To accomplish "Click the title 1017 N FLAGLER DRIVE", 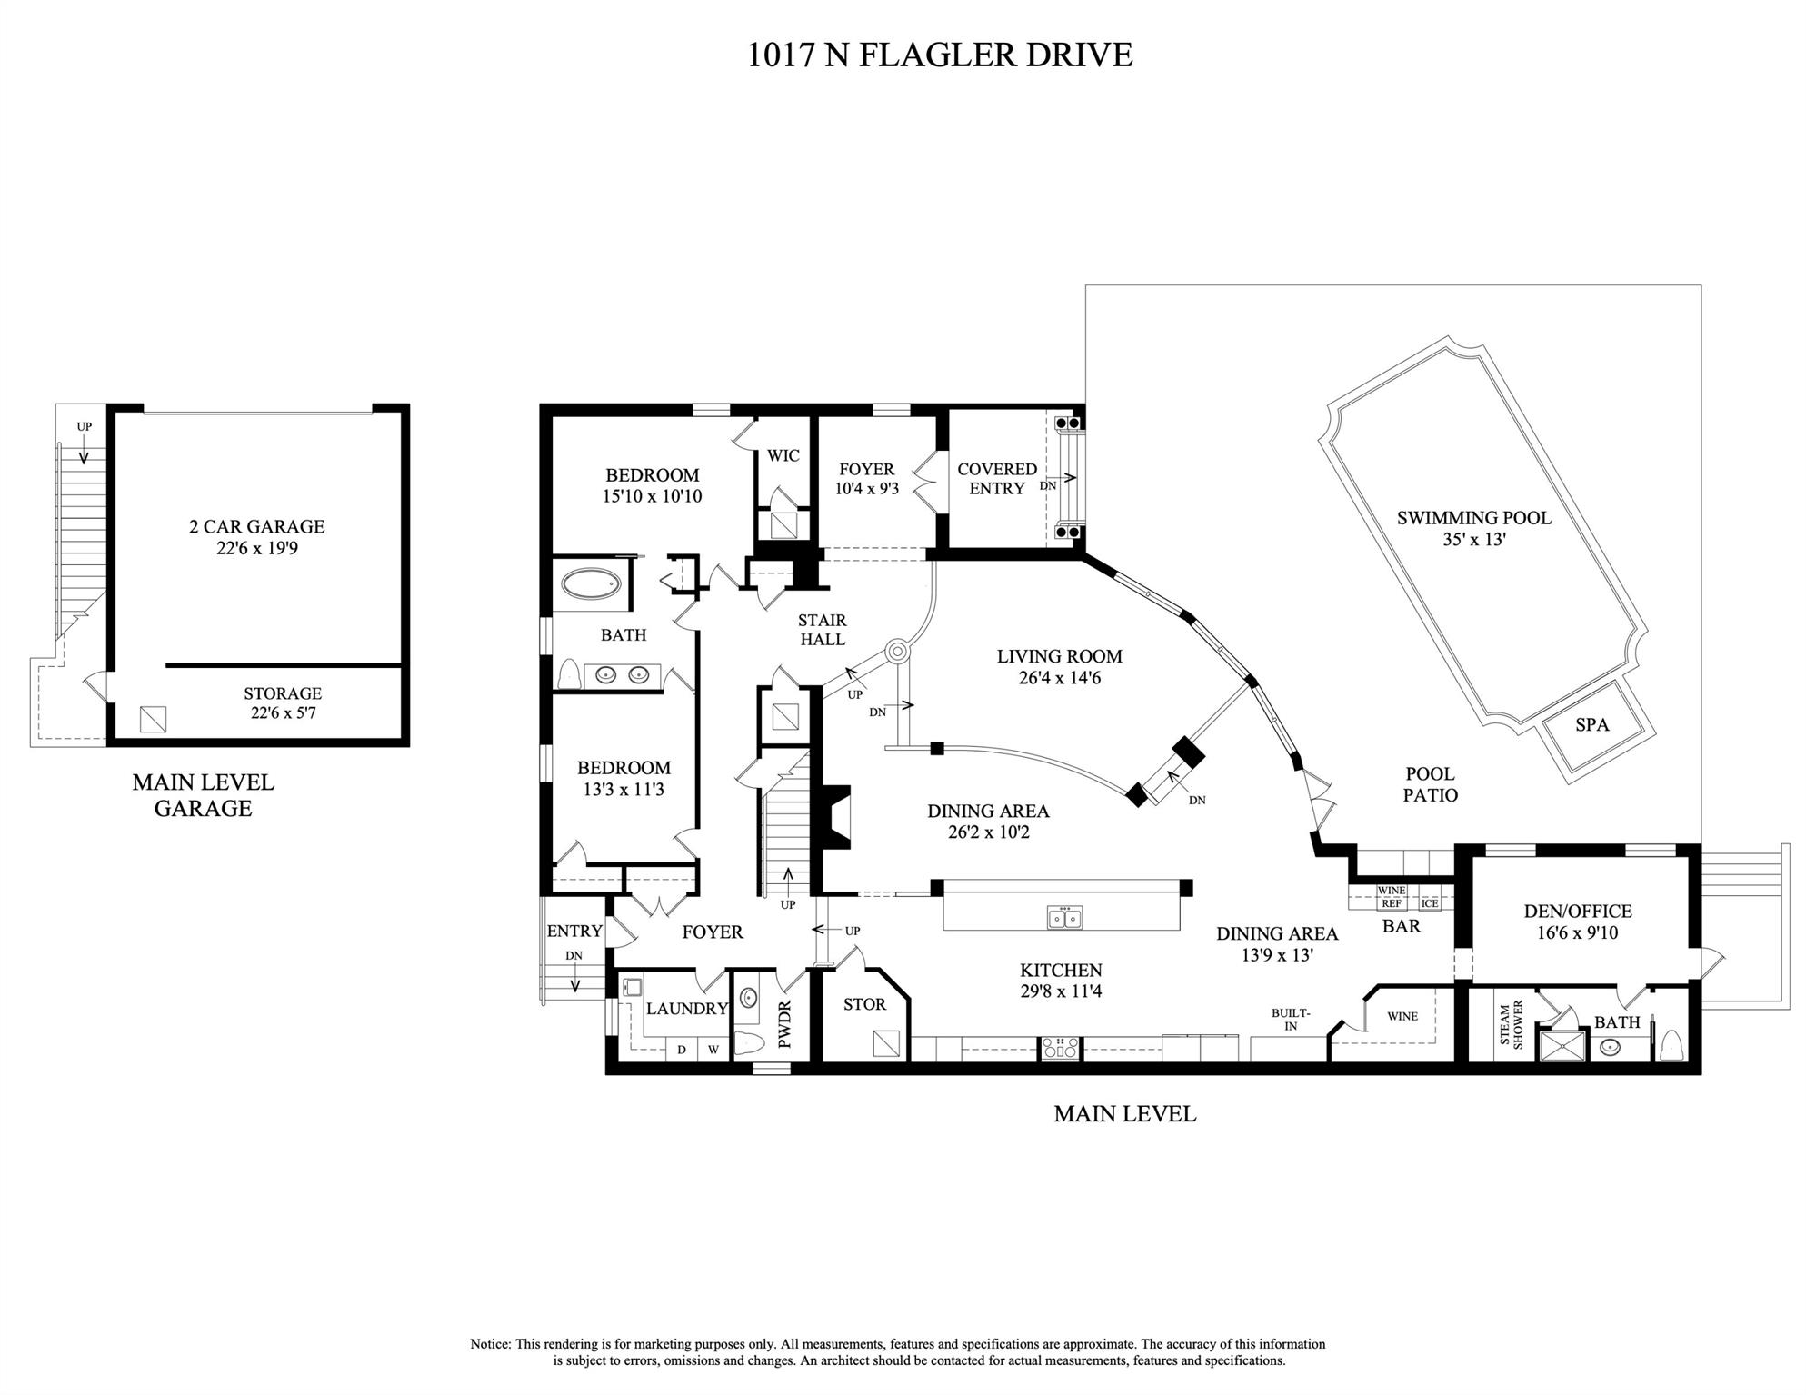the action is [940, 55].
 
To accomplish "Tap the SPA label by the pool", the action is [1591, 724].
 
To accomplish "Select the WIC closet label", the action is [783, 455].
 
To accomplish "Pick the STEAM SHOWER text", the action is [1511, 1025].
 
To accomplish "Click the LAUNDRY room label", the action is [687, 1008].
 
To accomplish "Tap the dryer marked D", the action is [682, 1050].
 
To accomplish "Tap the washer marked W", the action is [713, 1050].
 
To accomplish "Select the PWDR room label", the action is [785, 1024].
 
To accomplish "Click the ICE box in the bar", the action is [1430, 903].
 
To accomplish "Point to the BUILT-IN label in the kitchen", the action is [1291, 1020].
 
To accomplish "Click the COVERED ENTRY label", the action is [997, 479].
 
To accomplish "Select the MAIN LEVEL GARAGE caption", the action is [203, 795].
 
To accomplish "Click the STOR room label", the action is [864, 1004].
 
